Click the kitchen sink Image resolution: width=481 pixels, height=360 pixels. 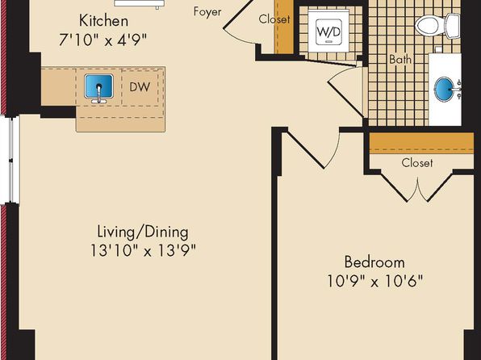98,88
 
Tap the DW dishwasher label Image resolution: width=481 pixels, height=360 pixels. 140,87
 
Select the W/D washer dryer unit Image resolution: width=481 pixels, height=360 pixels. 328,31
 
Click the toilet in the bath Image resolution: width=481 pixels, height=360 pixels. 437,26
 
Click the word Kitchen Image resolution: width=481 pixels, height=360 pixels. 103,21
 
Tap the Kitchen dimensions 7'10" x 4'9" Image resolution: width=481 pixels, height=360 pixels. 102,40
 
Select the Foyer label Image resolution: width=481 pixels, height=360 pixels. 207,12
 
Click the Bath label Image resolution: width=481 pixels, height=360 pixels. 400,59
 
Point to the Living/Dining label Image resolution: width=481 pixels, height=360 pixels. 143,232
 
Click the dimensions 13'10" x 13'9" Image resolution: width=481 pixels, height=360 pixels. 143,251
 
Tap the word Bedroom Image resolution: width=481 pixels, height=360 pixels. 374,262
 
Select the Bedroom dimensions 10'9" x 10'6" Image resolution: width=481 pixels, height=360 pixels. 374,281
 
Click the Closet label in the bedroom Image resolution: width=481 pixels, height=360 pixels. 417,163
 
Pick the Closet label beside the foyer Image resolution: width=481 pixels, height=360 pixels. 274,19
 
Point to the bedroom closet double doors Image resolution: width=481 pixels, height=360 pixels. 417,188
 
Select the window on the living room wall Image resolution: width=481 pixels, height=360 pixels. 10,160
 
